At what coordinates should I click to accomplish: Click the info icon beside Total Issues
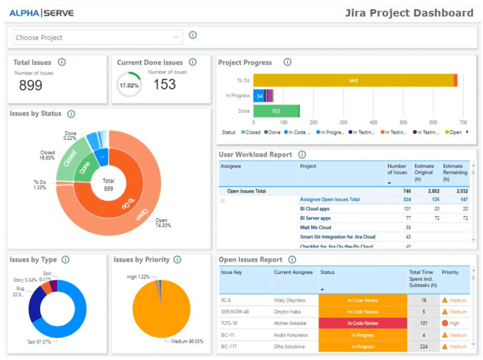pyautogui.click(x=62, y=62)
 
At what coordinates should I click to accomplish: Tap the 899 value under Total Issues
pyautogui.click(x=31, y=85)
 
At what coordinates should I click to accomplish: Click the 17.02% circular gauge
pyautogui.click(x=129, y=86)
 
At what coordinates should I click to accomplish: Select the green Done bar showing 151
pyautogui.click(x=276, y=111)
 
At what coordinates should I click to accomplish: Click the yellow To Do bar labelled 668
pyautogui.click(x=353, y=80)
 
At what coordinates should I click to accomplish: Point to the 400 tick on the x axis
pyautogui.click(x=373, y=123)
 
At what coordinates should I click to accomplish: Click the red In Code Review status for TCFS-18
pyautogui.click(x=363, y=323)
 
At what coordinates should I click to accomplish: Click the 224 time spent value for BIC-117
pyautogui.click(x=424, y=346)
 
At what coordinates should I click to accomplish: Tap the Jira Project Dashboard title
pyautogui.click(x=409, y=13)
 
